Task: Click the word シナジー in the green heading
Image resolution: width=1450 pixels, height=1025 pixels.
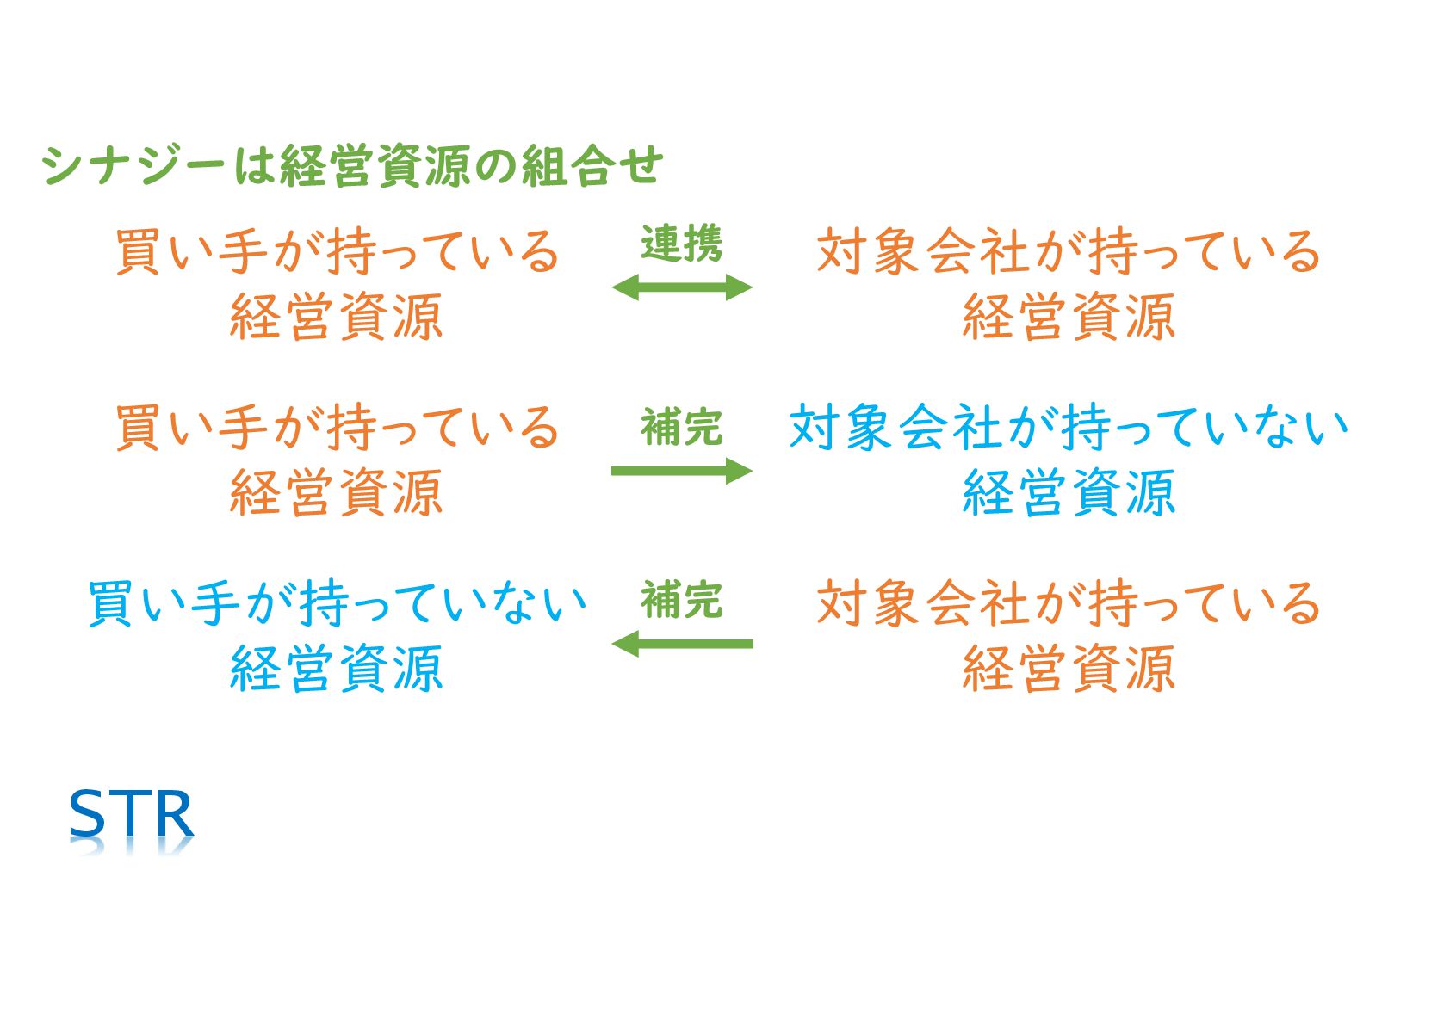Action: pyautogui.click(x=133, y=165)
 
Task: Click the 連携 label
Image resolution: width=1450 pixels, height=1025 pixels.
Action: pyautogui.click(x=681, y=244)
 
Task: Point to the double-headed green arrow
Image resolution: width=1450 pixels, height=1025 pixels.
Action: pyautogui.click(x=681, y=287)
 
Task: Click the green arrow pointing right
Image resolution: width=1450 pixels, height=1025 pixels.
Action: pyautogui.click(x=681, y=471)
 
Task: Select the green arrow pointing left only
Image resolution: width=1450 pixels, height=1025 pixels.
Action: pyautogui.click(x=681, y=644)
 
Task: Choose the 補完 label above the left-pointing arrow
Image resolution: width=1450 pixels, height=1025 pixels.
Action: pyautogui.click(x=681, y=600)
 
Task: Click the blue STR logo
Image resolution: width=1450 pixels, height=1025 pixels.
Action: pyautogui.click(x=131, y=814)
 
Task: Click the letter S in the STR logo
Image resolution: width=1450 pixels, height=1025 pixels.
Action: pyautogui.click(x=87, y=814)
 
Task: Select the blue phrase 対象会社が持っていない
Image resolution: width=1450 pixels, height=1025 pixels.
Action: pyautogui.click(x=1068, y=428)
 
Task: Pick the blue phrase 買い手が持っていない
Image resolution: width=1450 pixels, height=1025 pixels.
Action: pyautogui.click(x=337, y=602)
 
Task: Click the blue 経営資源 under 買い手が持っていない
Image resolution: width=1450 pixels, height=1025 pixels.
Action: pyautogui.click(x=337, y=669)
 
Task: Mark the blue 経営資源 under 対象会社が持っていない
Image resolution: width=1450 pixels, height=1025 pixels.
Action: pyautogui.click(x=1068, y=493)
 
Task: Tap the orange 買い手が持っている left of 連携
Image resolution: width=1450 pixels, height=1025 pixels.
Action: pyautogui.click(x=337, y=252)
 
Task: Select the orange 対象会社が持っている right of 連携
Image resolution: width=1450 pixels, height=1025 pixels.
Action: pyautogui.click(x=1068, y=252)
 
